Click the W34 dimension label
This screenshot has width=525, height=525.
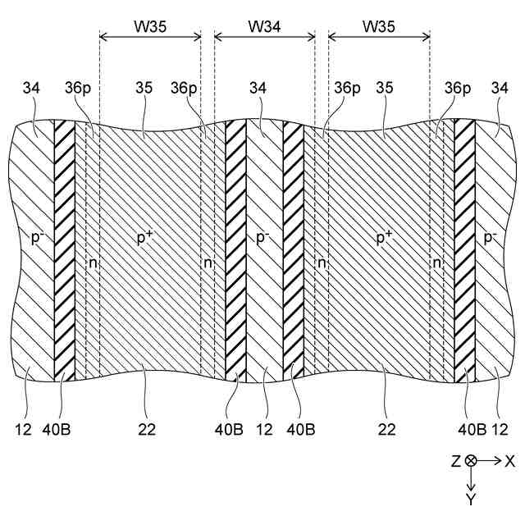tap(264, 26)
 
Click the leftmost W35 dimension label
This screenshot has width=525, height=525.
tap(150, 26)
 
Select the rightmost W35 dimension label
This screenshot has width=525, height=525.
tap(378, 26)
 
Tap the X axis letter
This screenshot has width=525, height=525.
tap(509, 462)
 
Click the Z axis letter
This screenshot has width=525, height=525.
tap(455, 462)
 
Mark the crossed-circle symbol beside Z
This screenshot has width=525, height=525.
tap(472, 462)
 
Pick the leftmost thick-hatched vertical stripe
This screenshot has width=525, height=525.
tap(64, 246)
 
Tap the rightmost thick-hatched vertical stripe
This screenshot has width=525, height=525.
tap(464, 246)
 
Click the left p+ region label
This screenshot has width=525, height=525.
tap(148, 238)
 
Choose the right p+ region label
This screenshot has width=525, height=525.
tap(383, 238)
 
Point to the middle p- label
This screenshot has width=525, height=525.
tap(262, 238)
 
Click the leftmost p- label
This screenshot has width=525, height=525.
tap(35, 238)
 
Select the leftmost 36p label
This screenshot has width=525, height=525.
tap(75, 88)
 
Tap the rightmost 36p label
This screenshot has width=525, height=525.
tap(458, 88)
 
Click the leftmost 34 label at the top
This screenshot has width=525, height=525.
tap(29, 88)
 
